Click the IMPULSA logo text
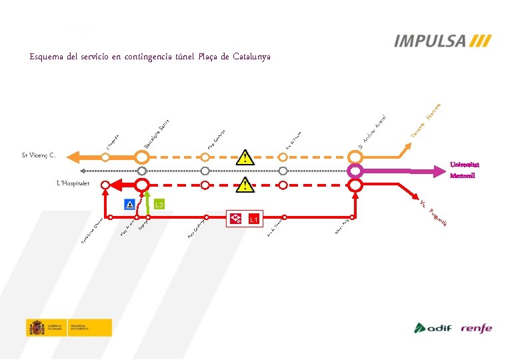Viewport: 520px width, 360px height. (x=430, y=41)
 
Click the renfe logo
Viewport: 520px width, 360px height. (x=476, y=328)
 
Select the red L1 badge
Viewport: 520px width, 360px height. (x=253, y=219)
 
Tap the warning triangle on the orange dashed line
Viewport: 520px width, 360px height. (x=247, y=157)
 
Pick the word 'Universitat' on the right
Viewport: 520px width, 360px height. (x=465, y=165)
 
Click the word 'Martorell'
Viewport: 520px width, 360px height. (x=462, y=177)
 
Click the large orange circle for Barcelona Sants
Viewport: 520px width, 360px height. (x=141, y=157)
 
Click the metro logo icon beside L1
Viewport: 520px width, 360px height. (x=235, y=218)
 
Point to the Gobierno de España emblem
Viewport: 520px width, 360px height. (x=36, y=327)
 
